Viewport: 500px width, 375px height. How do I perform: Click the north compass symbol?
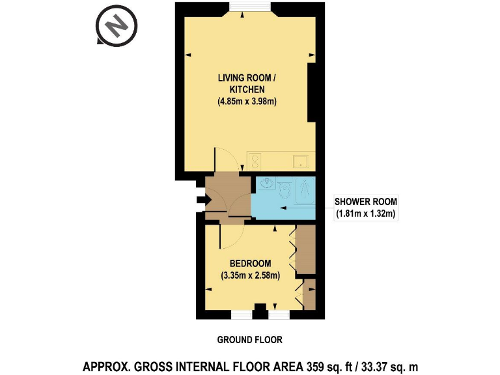click(x=117, y=26)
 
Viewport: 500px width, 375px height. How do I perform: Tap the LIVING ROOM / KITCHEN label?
click(x=247, y=83)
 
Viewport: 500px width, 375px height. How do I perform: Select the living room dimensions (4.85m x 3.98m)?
click(x=247, y=102)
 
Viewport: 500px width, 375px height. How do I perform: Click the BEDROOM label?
click(x=250, y=264)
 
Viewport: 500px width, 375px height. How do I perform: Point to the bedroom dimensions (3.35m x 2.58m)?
click(x=250, y=275)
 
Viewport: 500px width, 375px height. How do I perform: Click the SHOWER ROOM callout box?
click(x=366, y=207)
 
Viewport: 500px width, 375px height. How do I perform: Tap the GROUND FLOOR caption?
click(x=250, y=340)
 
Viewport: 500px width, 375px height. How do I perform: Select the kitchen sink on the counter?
click(x=301, y=161)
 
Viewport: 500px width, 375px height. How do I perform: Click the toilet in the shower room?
click(x=285, y=188)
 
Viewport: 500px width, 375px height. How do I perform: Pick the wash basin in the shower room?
click(x=266, y=183)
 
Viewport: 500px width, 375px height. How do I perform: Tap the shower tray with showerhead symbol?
click(x=305, y=190)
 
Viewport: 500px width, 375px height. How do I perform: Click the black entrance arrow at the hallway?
click(x=203, y=200)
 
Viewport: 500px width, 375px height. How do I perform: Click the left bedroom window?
click(x=242, y=314)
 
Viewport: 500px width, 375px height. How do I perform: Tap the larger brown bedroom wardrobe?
click(x=306, y=249)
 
